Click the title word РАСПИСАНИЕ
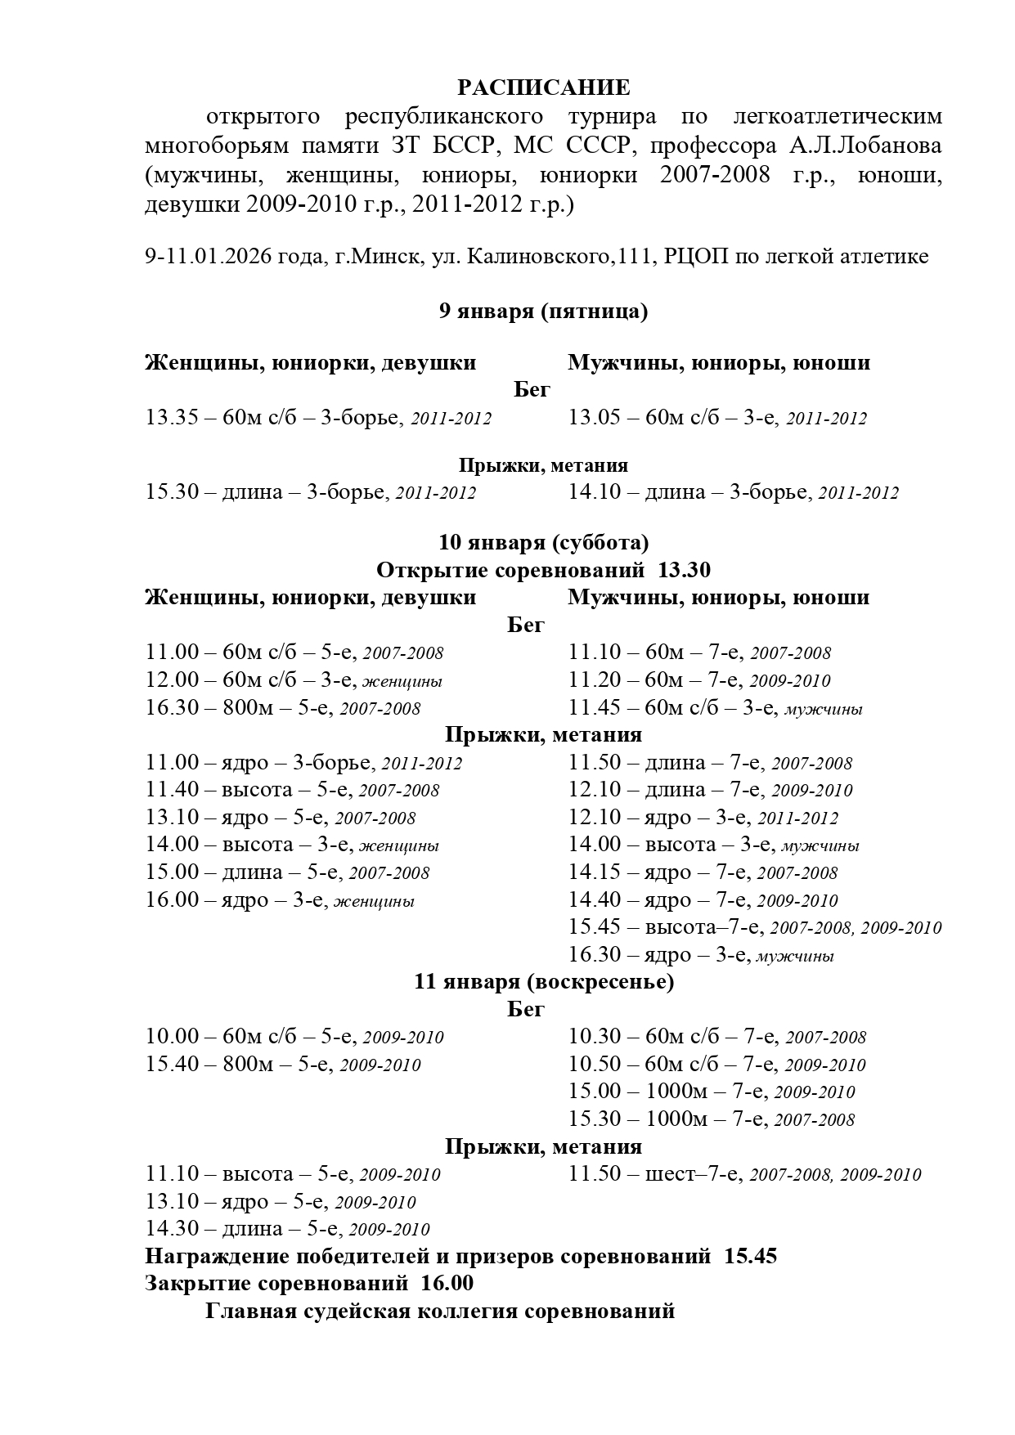click(543, 87)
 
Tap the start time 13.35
click(172, 418)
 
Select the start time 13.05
click(595, 418)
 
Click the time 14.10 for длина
click(595, 492)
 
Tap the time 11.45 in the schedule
click(595, 708)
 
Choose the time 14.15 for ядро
click(595, 872)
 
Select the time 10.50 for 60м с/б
click(595, 1065)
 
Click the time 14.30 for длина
click(172, 1229)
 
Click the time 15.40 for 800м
click(172, 1065)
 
